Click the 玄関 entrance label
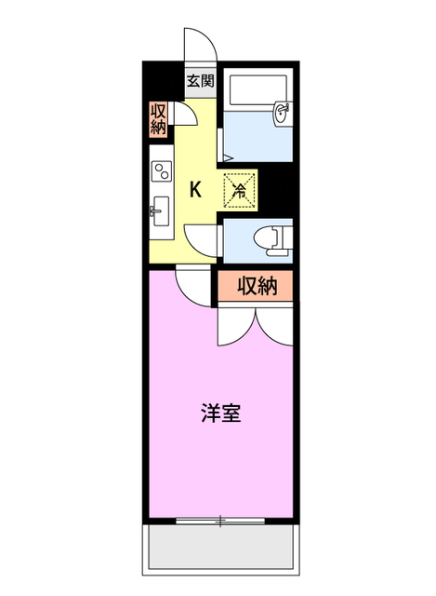pyautogui.click(x=200, y=80)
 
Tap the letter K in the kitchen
pyautogui.click(x=196, y=189)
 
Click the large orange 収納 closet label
pyautogui.click(x=256, y=287)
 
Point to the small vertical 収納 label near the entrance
pyautogui.click(x=159, y=119)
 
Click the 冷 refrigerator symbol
pyautogui.click(x=239, y=190)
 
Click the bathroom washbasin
pyautogui.click(x=281, y=115)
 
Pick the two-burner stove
pyautogui.click(x=162, y=172)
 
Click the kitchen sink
pyautogui.click(x=159, y=211)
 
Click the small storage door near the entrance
pyautogui.click(x=185, y=115)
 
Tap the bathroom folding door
pyautogui.click(x=220, y=149)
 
